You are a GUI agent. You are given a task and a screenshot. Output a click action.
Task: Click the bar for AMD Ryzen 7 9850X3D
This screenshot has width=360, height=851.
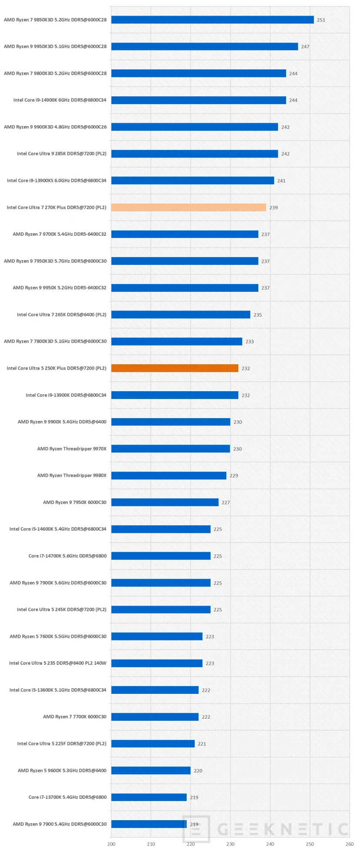tap(212, 20)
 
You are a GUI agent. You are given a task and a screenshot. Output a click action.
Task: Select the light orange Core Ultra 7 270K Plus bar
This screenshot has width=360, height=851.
tap(188, 208)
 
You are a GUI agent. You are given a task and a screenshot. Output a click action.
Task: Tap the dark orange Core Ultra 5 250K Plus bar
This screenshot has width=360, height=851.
tap(175, 368)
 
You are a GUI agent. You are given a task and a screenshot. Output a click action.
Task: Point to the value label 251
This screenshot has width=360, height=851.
tap(321, 20)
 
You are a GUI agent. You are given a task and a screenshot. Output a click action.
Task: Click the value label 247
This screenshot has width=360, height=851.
tap(305, 46)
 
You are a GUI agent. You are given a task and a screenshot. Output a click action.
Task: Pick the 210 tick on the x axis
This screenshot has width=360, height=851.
tap(151, 844)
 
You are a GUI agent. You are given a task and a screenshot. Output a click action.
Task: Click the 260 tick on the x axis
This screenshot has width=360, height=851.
tap(349, 844)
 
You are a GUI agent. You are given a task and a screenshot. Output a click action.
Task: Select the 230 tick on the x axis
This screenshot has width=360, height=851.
tap(230, 844)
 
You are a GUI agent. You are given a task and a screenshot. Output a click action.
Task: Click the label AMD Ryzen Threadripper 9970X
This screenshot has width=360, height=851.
tap(72, 449)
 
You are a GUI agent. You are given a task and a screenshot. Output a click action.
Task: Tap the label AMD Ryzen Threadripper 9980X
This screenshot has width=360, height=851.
tap(72, 475)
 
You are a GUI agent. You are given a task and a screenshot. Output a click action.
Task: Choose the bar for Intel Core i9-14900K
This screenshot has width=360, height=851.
tap(198, 100)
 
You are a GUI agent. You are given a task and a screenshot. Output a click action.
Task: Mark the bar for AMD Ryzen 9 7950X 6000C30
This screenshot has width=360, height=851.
tap(165, 502)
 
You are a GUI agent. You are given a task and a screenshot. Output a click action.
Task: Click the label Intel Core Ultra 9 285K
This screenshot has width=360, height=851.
tap(62, 154)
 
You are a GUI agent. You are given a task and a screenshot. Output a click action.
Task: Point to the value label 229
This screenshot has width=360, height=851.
tap(234, 476)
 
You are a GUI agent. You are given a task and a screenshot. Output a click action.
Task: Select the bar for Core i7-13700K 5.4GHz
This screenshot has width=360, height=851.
tap(149, 797)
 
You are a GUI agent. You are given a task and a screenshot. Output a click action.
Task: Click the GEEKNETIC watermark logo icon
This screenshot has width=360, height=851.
tap(196, 829)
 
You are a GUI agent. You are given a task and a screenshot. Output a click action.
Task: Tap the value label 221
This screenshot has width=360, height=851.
tap(202, 744)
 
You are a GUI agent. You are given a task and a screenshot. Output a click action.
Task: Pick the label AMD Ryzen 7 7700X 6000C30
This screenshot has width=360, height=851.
tap(75, 717)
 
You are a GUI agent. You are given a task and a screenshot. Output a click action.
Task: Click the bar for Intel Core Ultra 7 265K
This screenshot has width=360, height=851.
tap(181, 315)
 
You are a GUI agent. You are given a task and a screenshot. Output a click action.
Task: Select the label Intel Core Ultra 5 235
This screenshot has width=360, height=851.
tap(58, 663)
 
